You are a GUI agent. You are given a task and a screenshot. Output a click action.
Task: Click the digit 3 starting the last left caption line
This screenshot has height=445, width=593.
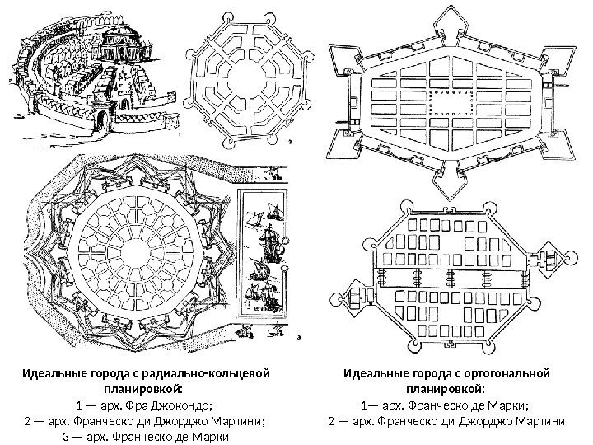click(67, 437)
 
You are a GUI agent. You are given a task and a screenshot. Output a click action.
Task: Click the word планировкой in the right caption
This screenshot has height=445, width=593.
click(446, 390)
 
